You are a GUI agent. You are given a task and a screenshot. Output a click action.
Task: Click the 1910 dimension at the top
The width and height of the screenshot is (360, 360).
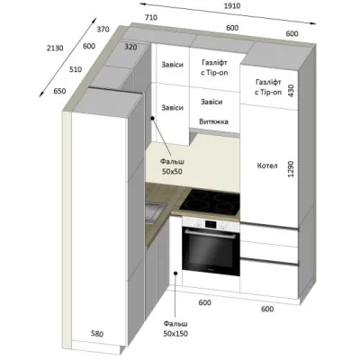tap(232, 5)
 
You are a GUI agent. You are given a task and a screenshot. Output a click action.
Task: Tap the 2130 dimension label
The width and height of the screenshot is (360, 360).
tap(55, 48)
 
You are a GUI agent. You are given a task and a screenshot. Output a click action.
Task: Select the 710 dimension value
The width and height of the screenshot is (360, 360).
tap(151, 18)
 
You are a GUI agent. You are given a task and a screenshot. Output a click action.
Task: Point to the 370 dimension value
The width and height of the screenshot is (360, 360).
tap(103, 30)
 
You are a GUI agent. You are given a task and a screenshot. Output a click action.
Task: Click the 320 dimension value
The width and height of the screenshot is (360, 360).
tap(130, 47)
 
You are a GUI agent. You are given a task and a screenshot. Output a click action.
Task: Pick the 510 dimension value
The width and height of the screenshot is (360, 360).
tap(76, 69)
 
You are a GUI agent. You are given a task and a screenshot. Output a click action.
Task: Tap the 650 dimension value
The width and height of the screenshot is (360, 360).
tap(59, 91)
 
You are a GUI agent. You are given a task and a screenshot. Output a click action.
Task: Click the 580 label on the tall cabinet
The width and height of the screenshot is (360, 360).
tap(97, 334)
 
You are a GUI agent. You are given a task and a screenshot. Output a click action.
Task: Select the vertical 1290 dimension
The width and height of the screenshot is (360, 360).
tap(291, 169)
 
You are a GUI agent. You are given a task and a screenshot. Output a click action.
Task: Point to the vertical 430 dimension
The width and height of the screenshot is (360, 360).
tap(291, 90)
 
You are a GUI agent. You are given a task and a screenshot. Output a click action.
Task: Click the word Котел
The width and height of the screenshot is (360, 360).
tap(267, 166)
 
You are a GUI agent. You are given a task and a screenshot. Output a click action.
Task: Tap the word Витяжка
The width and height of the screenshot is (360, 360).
tap(213, 121)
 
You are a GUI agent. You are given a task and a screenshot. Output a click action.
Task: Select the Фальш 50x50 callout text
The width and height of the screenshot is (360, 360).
tap(172, 166)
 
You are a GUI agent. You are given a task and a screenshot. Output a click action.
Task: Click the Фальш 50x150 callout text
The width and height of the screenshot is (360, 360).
tap(175, 328)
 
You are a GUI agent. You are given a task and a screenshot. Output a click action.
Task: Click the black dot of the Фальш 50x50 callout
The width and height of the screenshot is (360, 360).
tap(152, 119)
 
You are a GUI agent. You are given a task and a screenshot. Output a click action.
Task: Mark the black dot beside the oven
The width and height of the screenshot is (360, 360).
tap(175, 273)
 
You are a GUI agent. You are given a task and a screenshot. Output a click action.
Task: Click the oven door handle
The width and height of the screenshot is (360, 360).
tap(211, 234)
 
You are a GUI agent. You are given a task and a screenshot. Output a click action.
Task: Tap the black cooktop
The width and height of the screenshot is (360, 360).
tap(212, 202)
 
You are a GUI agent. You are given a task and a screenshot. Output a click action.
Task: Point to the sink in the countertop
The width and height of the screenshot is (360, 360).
tap(154, 212)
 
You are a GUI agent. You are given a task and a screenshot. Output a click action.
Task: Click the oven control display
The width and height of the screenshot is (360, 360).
tap(211, 224)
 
